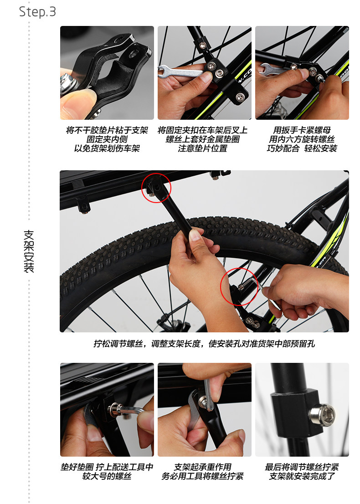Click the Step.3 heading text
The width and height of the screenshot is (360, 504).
point(37,12)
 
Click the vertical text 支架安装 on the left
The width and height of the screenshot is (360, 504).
point(28,251)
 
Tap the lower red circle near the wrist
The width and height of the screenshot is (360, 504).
point(239,289)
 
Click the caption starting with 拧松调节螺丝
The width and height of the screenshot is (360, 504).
point(204,344)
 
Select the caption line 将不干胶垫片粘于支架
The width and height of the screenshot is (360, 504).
point(107,130)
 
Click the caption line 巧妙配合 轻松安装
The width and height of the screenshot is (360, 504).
point(302,148)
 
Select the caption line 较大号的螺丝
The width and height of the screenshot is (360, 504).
point(107,476)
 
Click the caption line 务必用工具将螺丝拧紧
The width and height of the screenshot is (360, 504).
point(204,476)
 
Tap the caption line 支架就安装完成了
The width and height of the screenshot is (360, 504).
point(302,476)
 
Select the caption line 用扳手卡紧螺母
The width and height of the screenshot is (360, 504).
point(302,130)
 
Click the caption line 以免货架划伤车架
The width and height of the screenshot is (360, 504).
point(107,148)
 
